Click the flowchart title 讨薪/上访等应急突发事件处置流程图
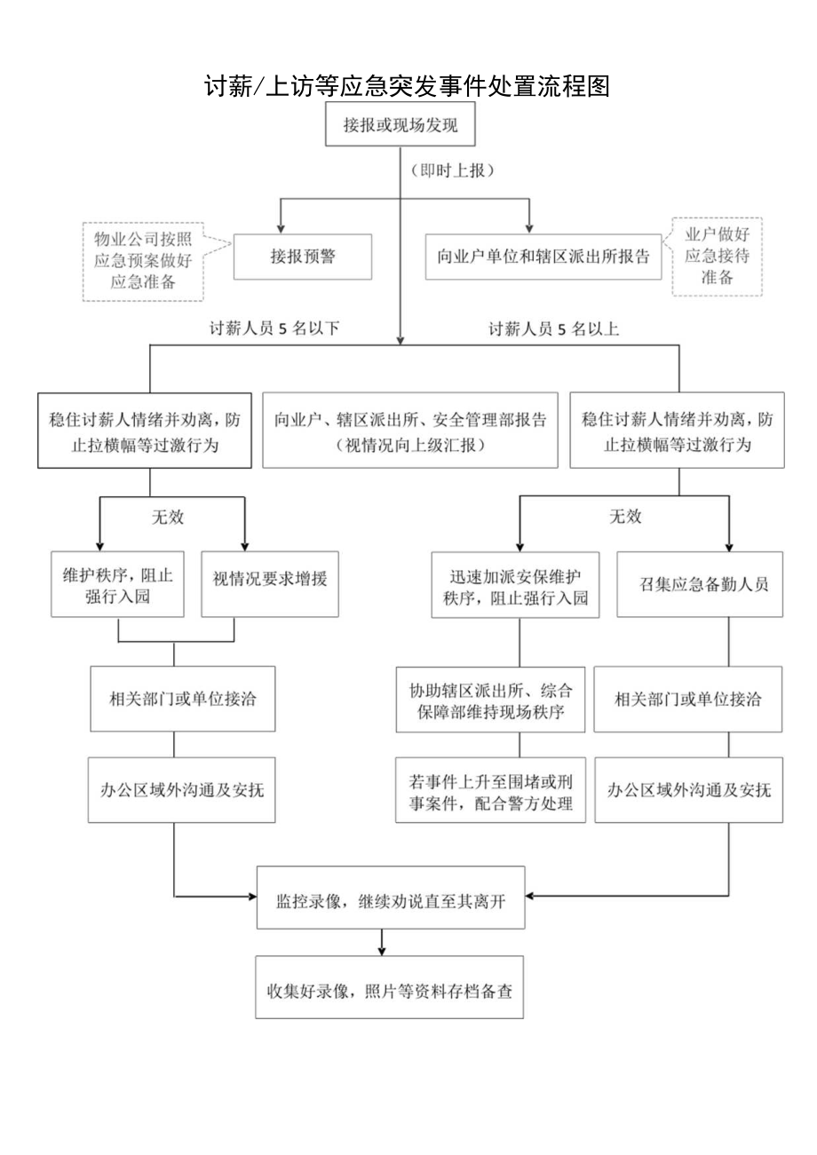(x=408, y=87)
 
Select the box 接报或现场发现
(x=401, y=126)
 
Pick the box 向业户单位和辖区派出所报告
(x=543, y=257)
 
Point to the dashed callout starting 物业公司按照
(x=143, y=260)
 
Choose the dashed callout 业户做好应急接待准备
(x=716, y=257)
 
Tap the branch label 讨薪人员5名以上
(x=554, y=328)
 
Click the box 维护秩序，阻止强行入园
(x=117, y=586)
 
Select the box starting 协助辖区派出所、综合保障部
(x=490, y=700)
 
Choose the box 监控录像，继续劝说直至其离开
(x=390, y=898)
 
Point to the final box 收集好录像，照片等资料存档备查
(x=390, y=986)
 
